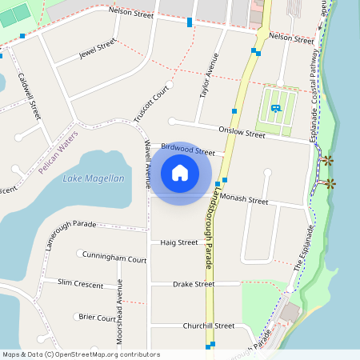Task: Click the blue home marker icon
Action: [x=180, y=173]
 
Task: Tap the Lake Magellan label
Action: [x=94, y=178]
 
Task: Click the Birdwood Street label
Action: [x=188, y=149]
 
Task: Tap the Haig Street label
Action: [x=178, y=242]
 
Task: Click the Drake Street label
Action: [x=194, y=284]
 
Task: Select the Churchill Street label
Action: [x=208, y=326]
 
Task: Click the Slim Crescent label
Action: [x=80, y=284]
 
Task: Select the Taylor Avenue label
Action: [x=207, y=77]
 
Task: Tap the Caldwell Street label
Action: [x=29, y=96]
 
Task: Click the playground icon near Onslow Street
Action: [x=275, y=108]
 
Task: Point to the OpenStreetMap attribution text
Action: [x=82, y=354]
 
